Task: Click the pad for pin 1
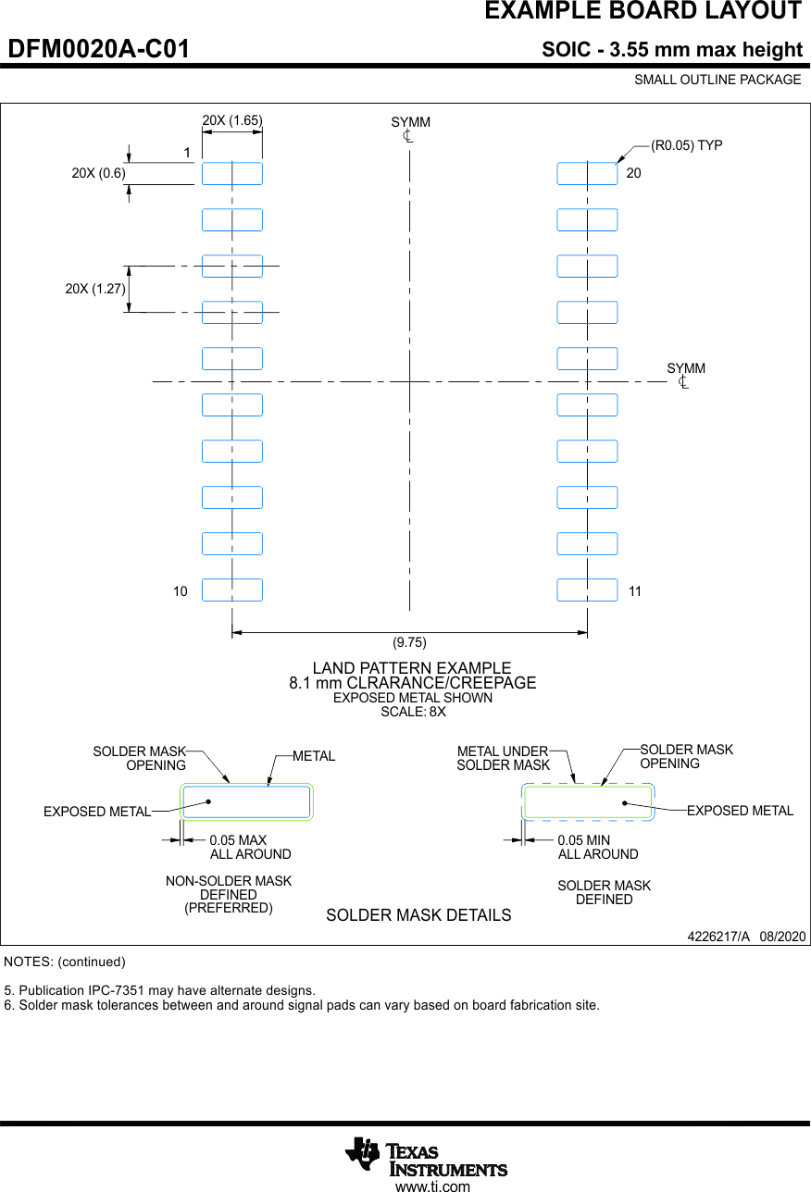tap(232, 174)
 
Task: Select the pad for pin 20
tap(587, 174)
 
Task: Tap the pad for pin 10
tap(232, 590)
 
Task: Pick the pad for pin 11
tap(587, 590)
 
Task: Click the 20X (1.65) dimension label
tap(232, 119)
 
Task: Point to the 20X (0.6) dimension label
tap(99, 173)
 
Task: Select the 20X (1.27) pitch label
tap(95, 289)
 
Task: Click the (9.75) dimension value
tap(409, 642)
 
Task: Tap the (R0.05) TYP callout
tap(686, 145)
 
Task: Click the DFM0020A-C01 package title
tap(99, 50)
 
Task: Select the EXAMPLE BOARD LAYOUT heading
tap(643, 11)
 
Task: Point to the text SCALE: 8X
tap(413, 712)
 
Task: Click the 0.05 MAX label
tap(238, 840)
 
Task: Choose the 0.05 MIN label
tap(583, 840)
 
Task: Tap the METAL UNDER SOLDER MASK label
tap(504, 758)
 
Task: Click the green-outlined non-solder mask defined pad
tap(246, 801)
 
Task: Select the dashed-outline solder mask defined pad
tap(588, 802)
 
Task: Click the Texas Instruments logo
tap(426, 1156)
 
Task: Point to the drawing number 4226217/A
tap(718, 937)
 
